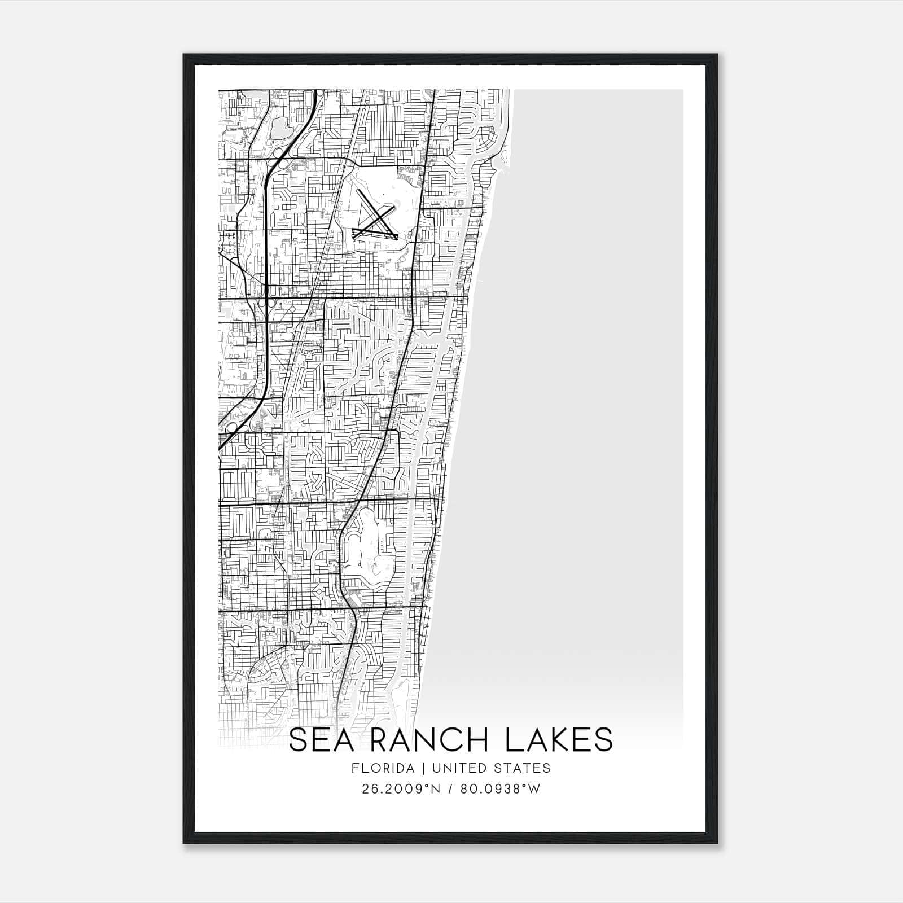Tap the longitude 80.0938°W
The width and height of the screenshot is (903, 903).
click(x=501, y=788)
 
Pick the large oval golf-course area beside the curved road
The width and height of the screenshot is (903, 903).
click(x=367, y=542)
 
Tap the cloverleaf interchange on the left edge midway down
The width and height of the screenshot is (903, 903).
click(x=231, y=429)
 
